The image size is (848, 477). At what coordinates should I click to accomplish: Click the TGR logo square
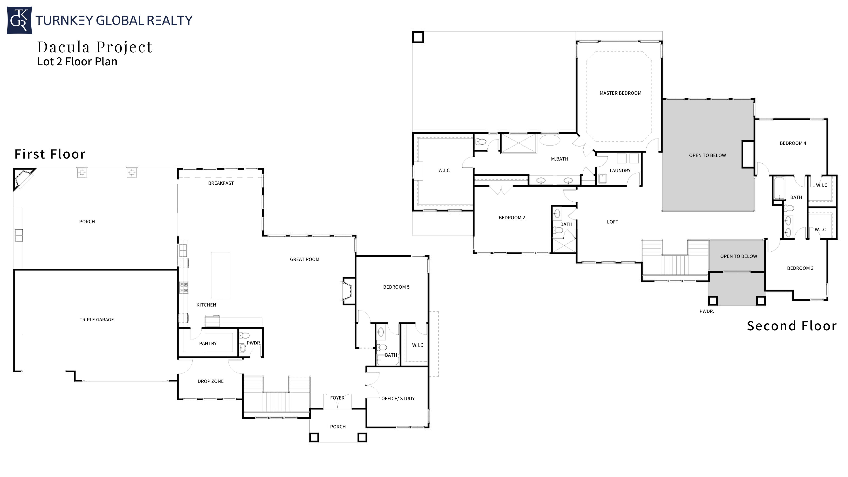[19, 20]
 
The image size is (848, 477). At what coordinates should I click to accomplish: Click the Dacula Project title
[95, 47]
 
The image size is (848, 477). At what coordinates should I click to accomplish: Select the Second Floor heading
[791, 326]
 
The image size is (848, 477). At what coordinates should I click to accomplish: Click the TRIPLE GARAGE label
[97, 320]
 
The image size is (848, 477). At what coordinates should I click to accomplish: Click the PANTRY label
[208, 343]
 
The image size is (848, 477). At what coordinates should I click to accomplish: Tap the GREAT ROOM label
[305, 259]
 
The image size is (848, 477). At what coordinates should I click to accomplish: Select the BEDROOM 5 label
[396, 287]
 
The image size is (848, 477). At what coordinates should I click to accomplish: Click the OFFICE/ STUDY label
[398, 398]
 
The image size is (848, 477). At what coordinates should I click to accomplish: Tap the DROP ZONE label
[210, 381]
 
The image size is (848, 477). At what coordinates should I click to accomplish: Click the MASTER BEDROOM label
[620, 93]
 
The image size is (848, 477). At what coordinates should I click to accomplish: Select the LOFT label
[612, 222]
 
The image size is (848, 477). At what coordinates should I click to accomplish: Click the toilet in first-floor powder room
[244, 336]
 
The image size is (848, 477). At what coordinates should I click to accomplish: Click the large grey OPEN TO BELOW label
[707, 155]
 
